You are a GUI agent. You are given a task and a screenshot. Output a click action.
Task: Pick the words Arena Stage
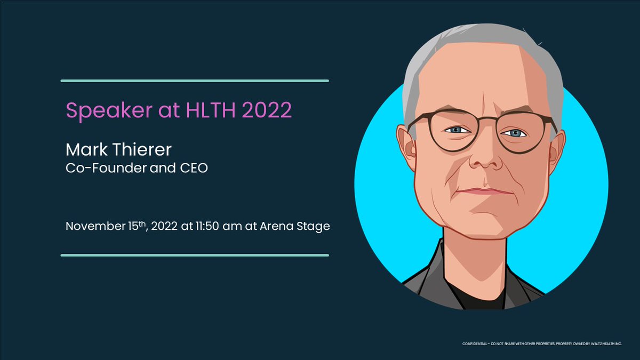[x=295, y=226]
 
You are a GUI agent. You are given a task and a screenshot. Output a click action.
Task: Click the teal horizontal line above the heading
[x=195, y=81]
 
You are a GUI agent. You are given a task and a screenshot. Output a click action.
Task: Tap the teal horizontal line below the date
[x=195, y=255]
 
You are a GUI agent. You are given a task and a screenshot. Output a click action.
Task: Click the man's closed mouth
[x=483, y=191]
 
